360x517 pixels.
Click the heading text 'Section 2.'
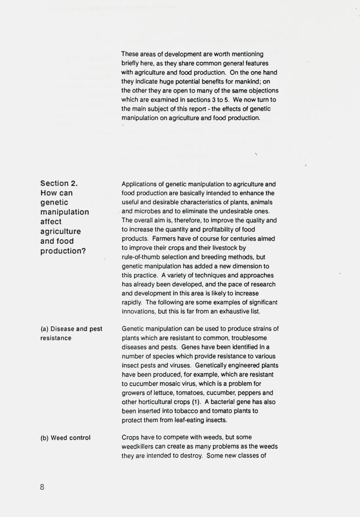pyautogui.click(x=60, y=183)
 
